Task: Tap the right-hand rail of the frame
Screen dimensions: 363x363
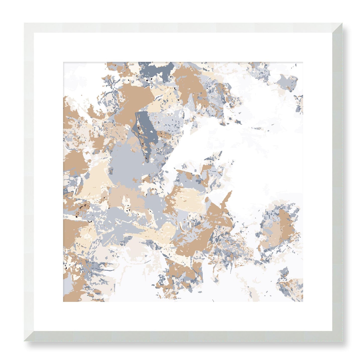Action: click(337, 181)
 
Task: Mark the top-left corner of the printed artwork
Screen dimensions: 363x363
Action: click(63, 62)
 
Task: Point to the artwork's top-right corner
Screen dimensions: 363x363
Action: click(303, 62)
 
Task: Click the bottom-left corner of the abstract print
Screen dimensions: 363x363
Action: click(63, 301)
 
